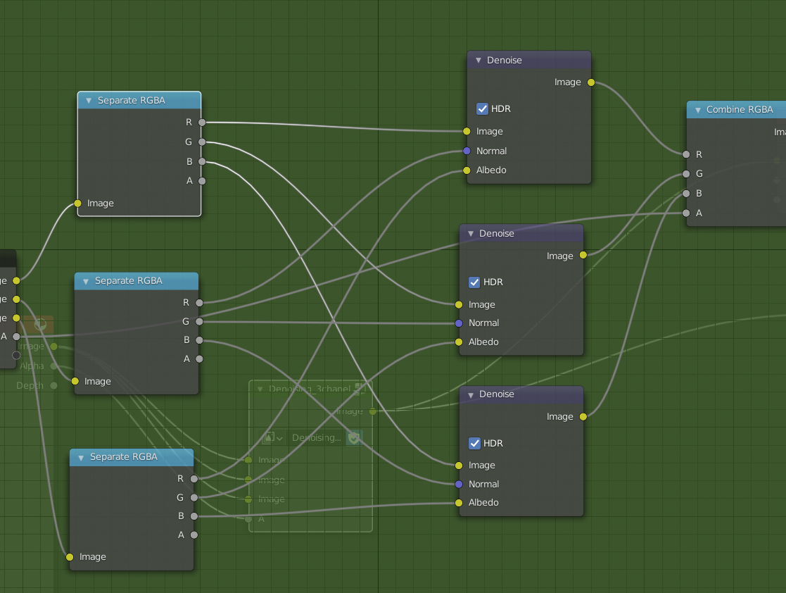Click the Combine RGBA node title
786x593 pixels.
coord(740,109)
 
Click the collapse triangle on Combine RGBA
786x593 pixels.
coord(697,110)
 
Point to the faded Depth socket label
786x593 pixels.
coord(31,385)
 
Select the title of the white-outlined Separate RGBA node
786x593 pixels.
coord(132,100)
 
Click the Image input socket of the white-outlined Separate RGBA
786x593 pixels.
coord(78,204)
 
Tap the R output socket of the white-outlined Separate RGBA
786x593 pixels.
coord(202,123)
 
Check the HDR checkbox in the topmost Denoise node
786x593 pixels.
coord(482,109)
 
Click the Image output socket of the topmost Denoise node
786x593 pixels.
coord(591,82)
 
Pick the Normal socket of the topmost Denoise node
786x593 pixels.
coord(467,151)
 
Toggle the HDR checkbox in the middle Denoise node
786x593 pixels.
coord(474,282)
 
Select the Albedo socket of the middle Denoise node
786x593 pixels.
coord(459,342)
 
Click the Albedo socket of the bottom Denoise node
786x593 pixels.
coord(459,503)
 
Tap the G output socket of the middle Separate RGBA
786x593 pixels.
coord(199,321)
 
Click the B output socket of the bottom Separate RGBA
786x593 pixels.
coord(194,516)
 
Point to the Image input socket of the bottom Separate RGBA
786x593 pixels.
coord(70,557)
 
